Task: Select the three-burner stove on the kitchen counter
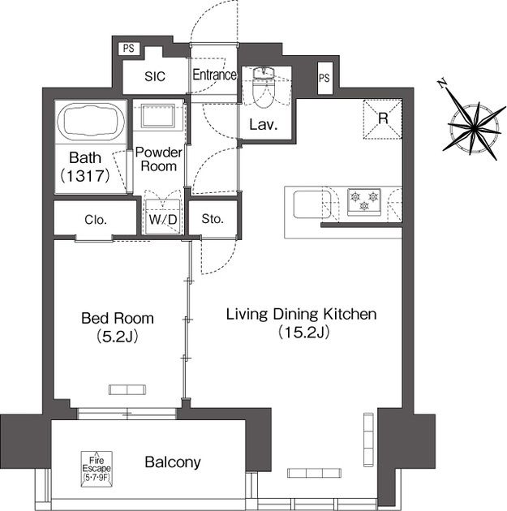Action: pos(364,202)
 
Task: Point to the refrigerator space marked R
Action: pos(383,119)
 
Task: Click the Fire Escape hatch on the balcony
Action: pos(97,469)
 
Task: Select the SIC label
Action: pos(155,76)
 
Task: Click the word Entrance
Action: pos(214,75)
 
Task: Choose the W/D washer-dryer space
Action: pos(163,217)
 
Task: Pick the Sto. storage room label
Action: pos(213,219)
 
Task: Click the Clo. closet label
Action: pos(96,220)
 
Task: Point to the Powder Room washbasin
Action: pos(158,115)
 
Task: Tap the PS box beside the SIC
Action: pos(129,49)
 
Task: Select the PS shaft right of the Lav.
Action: pos(324,78)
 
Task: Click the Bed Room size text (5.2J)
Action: pos(118,336)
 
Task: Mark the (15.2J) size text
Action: pos(303,332)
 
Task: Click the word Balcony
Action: pos(173,462)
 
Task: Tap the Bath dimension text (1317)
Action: pos(85,176)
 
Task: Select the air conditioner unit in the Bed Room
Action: pos(127,390)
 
